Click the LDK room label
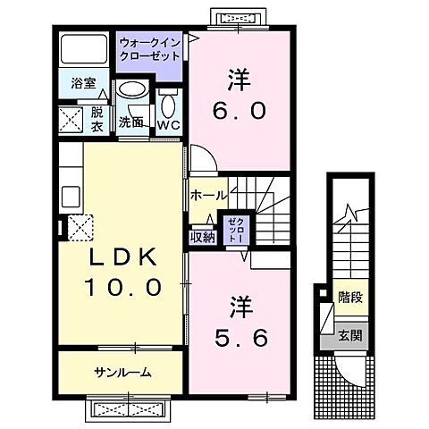[122, 257]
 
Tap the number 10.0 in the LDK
[122, 287]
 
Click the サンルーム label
[121, 373]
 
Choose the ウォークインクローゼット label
[149, 47]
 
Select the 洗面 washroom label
[130, 122]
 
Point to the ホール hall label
[207, 195]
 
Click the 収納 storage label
[202, 236]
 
